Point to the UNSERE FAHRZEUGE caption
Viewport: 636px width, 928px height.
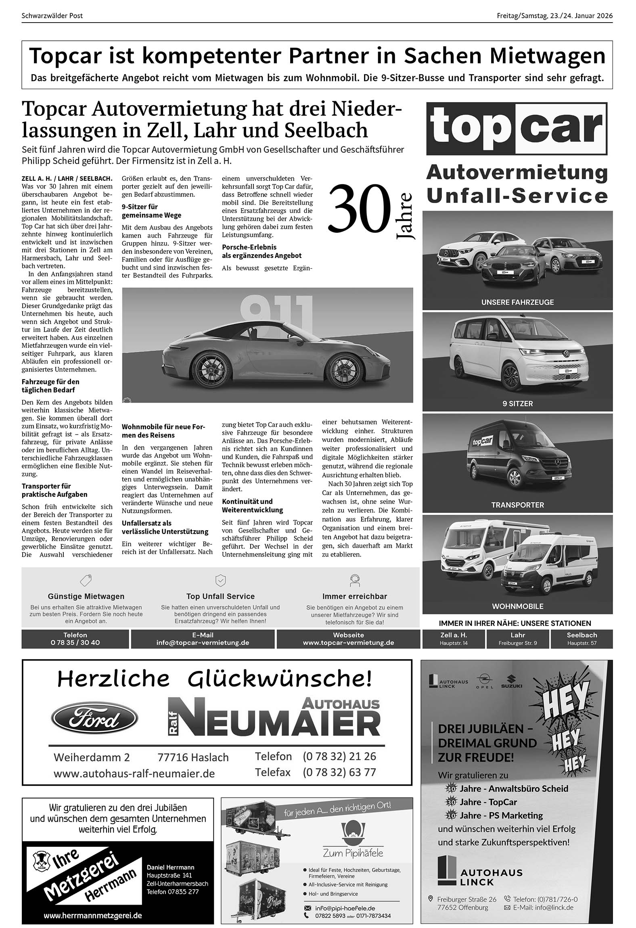tap(517, 302)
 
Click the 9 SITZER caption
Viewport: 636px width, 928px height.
tap(517, 403)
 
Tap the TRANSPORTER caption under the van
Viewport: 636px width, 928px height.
tap(517, 505)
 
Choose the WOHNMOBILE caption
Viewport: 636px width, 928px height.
tap(517, 606)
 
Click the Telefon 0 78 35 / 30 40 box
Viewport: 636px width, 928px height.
tap(75, 639)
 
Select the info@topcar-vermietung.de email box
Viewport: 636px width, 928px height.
tap(203, 639)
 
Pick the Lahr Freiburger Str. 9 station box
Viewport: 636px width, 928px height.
tap(518, 639)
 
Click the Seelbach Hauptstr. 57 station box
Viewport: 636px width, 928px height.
tap(582, 639)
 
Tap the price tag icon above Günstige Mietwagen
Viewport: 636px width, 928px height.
tap(86, 580)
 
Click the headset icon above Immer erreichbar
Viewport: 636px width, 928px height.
tap(354, 580)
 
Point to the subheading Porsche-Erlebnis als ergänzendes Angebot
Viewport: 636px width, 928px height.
tap(262, 251)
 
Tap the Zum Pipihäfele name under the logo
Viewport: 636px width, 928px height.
tap(353, 853)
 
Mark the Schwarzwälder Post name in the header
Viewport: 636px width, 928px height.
tap(52, 16)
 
